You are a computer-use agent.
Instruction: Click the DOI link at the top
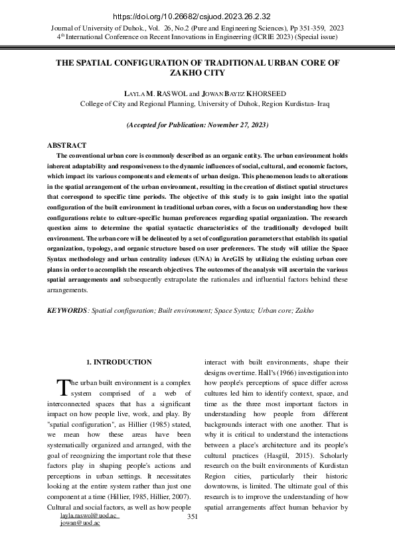point(197,17)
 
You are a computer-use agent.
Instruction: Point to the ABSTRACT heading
point(66,144)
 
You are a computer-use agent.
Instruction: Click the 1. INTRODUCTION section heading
point(119,363)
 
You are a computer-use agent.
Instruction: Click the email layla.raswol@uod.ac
point(89,515)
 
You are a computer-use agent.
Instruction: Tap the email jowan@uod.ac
point(80,523)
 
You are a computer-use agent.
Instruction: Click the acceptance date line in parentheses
point(197,125)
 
